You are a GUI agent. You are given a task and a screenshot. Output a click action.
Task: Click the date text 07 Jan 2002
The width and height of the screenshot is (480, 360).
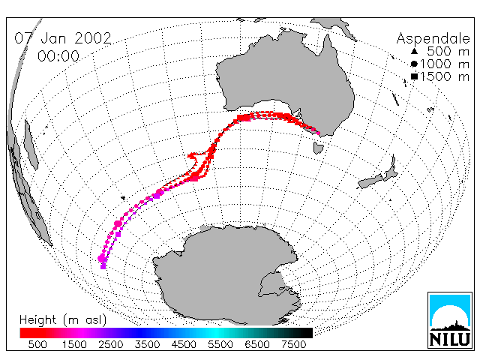63,38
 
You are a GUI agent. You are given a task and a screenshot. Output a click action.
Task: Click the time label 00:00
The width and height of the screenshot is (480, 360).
58,56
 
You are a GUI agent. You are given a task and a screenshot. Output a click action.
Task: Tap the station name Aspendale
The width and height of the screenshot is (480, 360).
433,39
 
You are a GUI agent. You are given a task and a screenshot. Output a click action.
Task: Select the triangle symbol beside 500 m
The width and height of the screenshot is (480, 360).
414,51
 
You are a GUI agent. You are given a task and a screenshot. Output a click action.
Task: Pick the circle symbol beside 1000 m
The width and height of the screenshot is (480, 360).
414,64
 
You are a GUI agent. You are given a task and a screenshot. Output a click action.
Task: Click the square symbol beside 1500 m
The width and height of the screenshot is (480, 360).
414,76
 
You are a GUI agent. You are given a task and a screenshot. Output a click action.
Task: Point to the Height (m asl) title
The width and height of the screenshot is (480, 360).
63,320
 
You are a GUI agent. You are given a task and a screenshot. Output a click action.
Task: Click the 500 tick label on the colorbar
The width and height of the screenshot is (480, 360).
37,345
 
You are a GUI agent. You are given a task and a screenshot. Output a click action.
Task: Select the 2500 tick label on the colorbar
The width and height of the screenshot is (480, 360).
110,345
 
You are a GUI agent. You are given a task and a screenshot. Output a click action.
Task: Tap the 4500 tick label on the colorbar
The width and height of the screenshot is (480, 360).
184,345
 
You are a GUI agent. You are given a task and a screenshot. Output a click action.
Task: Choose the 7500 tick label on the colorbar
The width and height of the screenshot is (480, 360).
293,345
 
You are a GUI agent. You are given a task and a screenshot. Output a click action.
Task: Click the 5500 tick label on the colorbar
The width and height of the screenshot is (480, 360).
220,345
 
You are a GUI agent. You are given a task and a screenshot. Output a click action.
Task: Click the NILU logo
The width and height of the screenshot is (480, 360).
450,320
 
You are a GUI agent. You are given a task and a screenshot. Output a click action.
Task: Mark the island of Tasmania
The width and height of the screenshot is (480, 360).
318,148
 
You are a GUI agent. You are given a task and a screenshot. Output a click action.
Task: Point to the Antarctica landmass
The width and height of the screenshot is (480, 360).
226,272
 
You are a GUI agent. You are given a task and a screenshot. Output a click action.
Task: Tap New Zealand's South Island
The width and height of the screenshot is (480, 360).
370,181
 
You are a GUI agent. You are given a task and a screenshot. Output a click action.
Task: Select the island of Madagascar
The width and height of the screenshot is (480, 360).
31,144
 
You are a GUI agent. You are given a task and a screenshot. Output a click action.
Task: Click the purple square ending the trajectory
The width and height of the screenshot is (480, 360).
103,267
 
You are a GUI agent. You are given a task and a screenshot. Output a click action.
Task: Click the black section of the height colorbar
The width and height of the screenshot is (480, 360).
298,333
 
